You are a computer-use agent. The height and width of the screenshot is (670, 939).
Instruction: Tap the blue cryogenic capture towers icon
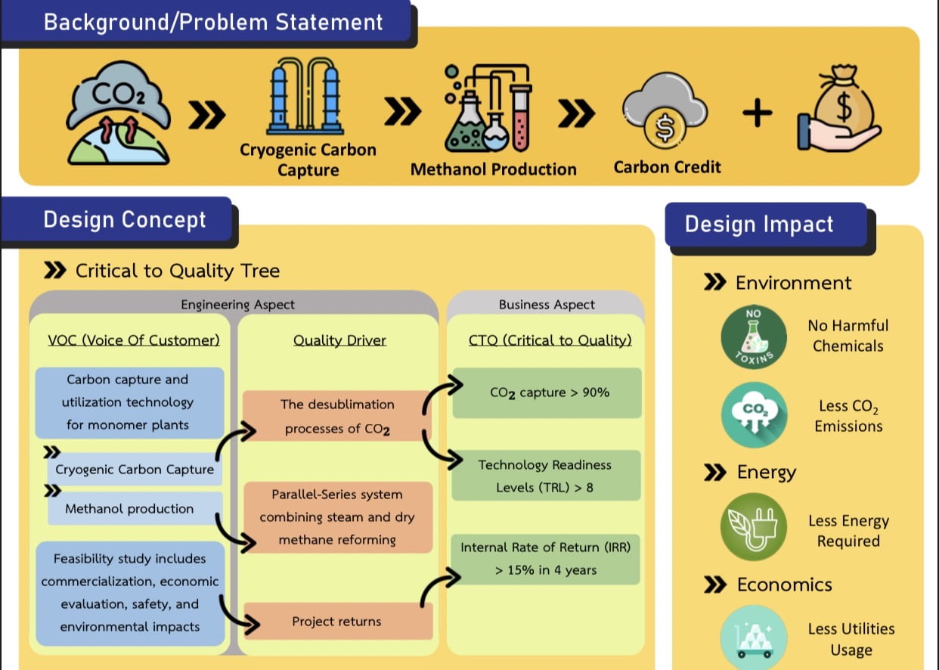pyautogui.click(x=305, y=96)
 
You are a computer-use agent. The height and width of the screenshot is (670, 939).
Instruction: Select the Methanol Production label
pyautogui.click(x=494, y=169)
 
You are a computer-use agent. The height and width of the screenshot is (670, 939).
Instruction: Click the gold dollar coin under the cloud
pyautogui.click(x=665, y=128)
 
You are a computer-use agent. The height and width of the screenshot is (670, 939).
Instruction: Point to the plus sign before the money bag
pyautogui.click(x=757, y=113)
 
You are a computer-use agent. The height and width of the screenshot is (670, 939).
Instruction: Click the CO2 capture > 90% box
pyautogui.click(x=547, y=393)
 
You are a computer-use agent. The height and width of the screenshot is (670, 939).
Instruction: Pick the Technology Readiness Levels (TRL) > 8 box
pyautogui.click(x=546, y=476)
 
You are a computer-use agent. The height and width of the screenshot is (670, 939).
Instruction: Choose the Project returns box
pyautogui.click(x=338, y=621)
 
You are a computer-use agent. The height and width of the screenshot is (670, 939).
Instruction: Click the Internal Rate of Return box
pyautogui.click(x=545, y=559)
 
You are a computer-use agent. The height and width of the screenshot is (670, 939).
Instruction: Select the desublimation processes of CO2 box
pyautogui.click(x=336, y=415)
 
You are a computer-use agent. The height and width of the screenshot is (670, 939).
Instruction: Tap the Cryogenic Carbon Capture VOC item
pyautogui.click(x=135, y=469)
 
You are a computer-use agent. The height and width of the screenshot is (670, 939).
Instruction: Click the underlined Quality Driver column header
pyautogui.click(x=339, y=340)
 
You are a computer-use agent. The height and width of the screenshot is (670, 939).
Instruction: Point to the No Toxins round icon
pyautogui.click(x=754, y=337)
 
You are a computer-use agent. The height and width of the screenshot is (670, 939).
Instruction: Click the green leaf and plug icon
pyautogui.click(x=754, y=526)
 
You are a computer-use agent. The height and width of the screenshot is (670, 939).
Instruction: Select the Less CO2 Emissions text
pyautogui.click(x=848, y=415)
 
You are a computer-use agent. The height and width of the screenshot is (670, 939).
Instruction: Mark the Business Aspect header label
pyautogui.click(x=547, y=305)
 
